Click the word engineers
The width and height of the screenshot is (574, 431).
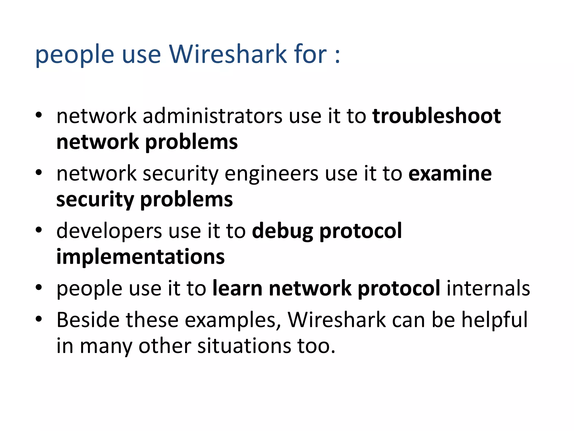[271, 174]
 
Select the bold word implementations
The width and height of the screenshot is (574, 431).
[140, 257]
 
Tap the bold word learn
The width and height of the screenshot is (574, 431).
[237, 288]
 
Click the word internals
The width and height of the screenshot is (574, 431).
[488, 288]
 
